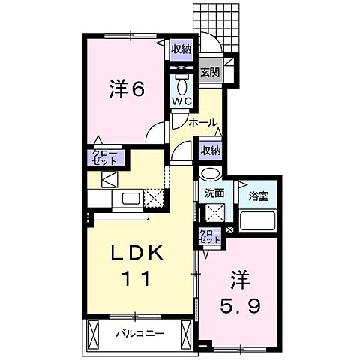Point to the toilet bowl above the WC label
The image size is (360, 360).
tap(183, 81)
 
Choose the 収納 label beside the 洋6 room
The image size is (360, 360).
tap(181, 49)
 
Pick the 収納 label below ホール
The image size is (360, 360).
tap(210, 150)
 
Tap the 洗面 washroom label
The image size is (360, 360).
tap(214, 193)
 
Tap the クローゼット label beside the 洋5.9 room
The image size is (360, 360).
tap(209, 238)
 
